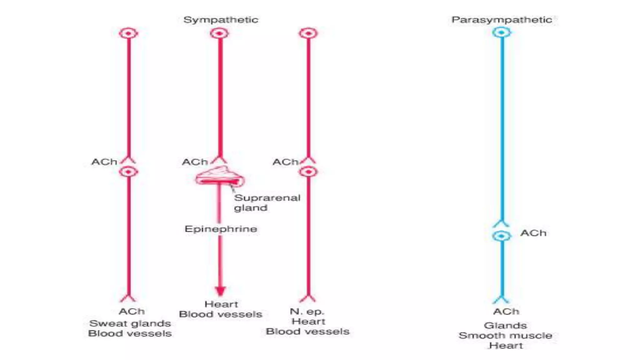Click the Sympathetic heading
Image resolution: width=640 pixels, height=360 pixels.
[x=221, y=20]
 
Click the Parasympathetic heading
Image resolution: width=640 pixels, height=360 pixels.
[x=502, y=20]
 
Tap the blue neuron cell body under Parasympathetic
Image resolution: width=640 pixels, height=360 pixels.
[x=502, y=32]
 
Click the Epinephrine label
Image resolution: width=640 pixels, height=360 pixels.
[x=221, y=229]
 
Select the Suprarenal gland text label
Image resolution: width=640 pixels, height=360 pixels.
[x=267, y=203]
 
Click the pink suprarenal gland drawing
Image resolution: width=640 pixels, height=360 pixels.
[x=220, y=177]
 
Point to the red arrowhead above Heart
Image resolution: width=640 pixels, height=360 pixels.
[x=220, y=291]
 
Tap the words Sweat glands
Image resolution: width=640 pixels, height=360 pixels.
[x=130, y=323]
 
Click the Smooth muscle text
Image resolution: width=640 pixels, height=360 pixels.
[x=505, y=336]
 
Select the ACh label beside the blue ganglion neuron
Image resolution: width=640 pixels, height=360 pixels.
[x=533, y=233]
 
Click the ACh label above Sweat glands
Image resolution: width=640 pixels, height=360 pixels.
[x=132, y=312]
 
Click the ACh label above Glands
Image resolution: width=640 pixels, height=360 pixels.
[x=506, y=312]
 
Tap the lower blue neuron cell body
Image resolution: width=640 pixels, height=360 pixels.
[x=501, y=236]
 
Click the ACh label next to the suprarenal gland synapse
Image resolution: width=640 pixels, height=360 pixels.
[x=195, y=162]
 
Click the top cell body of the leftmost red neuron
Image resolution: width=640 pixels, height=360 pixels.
[x=128, y=33]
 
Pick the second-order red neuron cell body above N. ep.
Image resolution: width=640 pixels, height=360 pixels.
[x=308, y=172]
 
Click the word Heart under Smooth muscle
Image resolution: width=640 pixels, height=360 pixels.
[x=506, y=346]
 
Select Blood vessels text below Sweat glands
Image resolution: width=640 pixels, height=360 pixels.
[x=130, y=333]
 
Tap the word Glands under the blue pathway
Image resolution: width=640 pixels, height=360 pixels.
[x=505, y=326]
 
